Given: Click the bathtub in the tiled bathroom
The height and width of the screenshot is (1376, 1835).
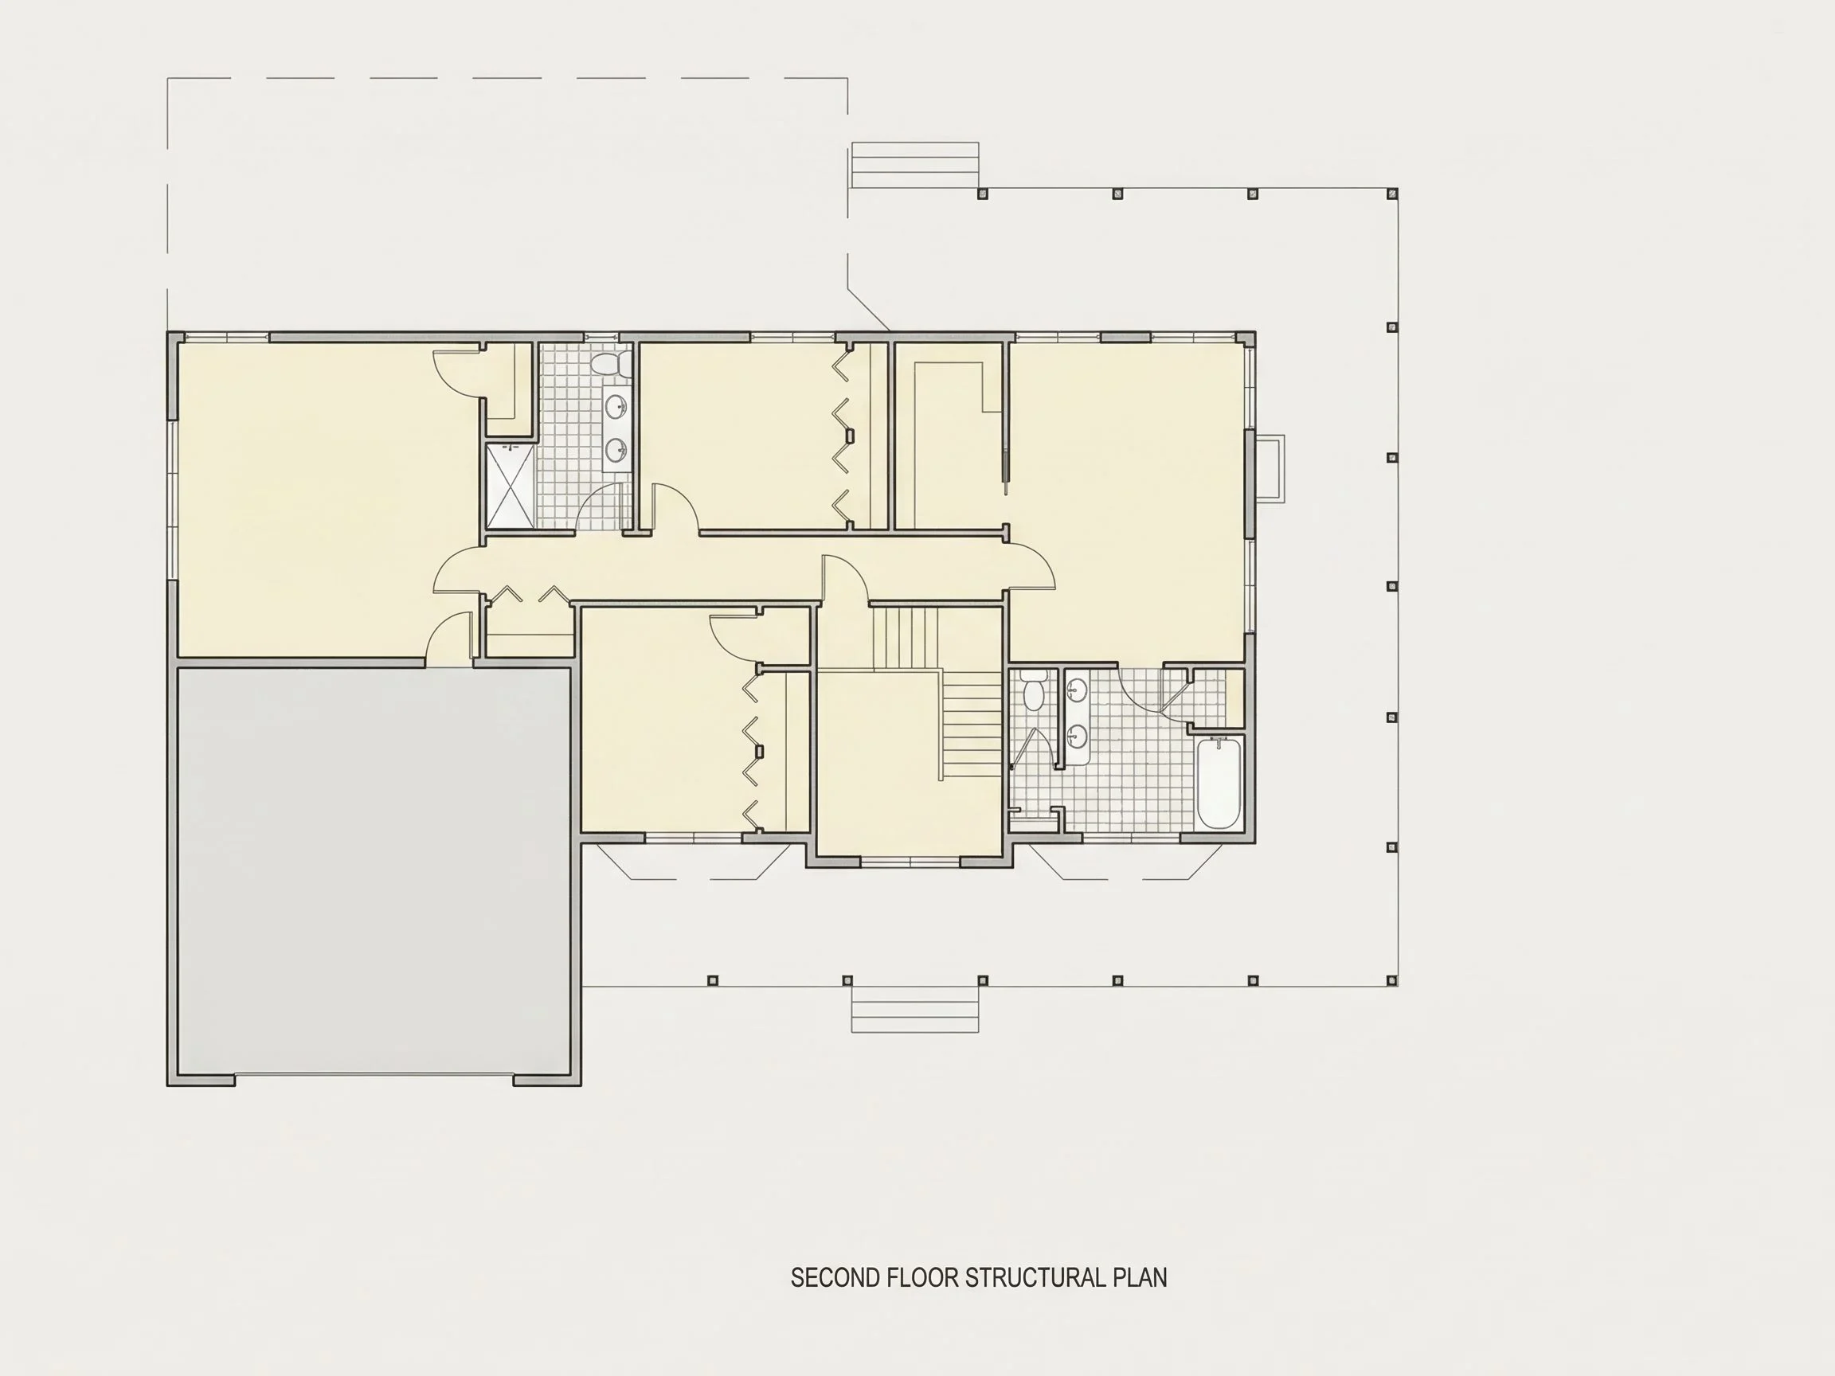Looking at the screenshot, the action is coord(1219,783).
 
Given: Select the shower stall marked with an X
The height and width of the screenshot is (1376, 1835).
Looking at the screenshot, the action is coord(511,486).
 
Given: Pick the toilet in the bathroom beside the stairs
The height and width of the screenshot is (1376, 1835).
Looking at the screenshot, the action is coord(1034,691).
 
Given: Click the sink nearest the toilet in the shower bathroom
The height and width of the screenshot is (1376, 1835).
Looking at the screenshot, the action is coord(616,406).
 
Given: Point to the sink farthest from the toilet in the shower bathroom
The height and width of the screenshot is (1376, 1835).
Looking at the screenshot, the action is coord(616,450).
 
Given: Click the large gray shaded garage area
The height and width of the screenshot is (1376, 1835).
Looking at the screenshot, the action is coord(374,871).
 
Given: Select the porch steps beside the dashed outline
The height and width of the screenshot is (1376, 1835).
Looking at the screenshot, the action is coord(915,165).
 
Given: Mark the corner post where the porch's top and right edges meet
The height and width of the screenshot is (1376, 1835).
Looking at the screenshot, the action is coord(1393,193).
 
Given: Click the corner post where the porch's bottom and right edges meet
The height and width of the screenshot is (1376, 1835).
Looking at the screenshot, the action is coord(1393,980).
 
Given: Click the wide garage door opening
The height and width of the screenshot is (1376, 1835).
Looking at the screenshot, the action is coord(374,1077).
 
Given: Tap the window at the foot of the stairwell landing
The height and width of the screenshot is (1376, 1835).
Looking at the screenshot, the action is coord(910,862).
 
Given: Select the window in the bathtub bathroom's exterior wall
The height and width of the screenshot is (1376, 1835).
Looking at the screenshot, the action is coord(1131,838).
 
